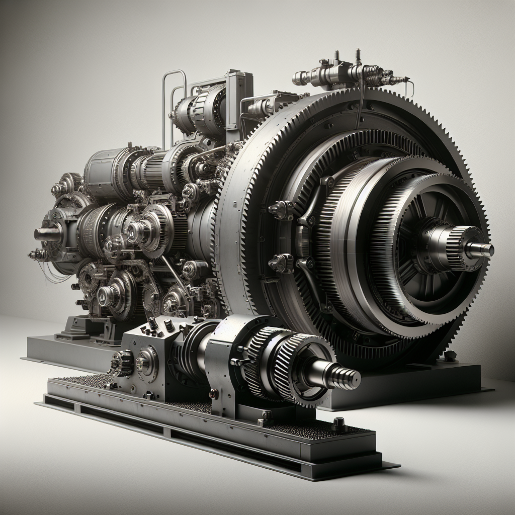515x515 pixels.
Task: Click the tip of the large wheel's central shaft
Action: tap(487, 249)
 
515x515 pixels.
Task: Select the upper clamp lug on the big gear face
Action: tap(281, 209)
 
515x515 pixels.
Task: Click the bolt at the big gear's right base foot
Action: tap(450, 355)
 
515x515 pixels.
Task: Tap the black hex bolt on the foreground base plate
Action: tap(338, 425)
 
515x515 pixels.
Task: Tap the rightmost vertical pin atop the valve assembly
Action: tap(358, 56)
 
